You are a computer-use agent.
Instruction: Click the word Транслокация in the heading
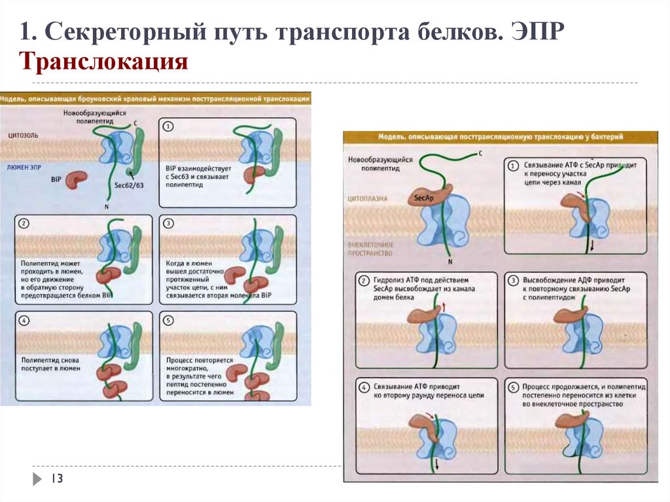[104, 62]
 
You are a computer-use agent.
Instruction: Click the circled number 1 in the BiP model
[168, 126]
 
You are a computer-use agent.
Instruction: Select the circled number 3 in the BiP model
[168, 223]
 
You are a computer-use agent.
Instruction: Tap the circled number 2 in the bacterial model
[364, 281]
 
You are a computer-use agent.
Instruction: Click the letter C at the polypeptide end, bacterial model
[480, 153]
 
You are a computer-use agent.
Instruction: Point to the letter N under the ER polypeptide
[106, 207]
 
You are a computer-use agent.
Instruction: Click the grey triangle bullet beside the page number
[37, 479]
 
